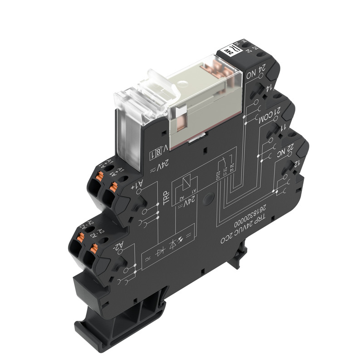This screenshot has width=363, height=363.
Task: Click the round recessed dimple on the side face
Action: point(208,198)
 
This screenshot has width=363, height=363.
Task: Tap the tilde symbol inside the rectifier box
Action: point(149,258)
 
